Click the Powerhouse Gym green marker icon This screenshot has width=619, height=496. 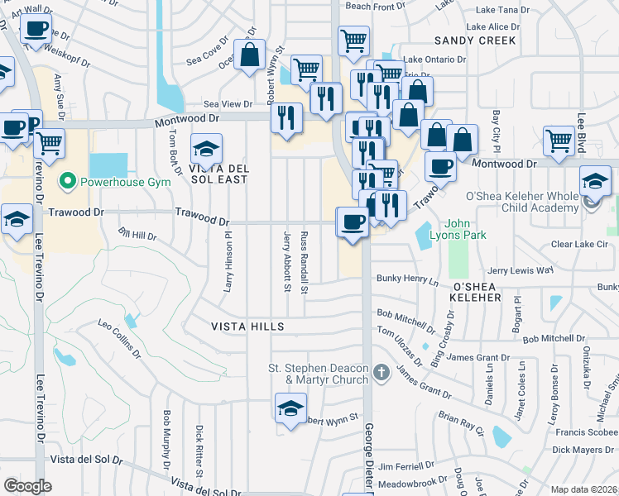pos(66,179)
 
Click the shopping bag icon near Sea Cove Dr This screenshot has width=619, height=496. pos(249,55)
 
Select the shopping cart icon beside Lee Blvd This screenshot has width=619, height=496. pos(559,141)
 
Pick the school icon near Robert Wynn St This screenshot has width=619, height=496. pos(290,408)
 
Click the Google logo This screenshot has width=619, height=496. pos(27,485)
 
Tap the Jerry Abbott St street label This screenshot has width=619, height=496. pos(287,261)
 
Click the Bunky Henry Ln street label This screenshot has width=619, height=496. pos(407,280)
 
